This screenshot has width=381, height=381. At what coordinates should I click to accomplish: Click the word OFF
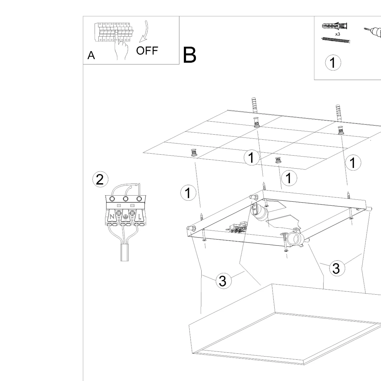pos(147,50)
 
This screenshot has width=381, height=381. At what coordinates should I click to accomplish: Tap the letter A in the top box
pos(91,56)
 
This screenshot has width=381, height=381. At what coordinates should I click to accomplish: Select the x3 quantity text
pos(338,34)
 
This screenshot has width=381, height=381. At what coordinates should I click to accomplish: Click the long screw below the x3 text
pos(336,40)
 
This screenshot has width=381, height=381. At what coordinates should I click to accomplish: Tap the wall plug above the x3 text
pos(335,26)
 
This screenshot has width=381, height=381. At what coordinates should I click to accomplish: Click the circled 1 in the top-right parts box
pos(333,63)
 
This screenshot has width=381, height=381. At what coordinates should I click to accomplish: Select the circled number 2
pos(100,180)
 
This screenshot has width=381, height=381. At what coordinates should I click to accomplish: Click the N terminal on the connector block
pos(112,217)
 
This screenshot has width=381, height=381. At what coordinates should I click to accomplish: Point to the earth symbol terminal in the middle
pos(125,217)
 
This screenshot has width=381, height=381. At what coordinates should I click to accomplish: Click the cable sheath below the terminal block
pos(125,253)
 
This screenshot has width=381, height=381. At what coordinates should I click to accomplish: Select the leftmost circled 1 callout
pos(188,193)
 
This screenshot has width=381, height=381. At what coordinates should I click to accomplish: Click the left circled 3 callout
pos(223,281)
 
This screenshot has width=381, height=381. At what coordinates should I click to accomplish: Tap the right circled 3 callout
pos(336,268)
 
